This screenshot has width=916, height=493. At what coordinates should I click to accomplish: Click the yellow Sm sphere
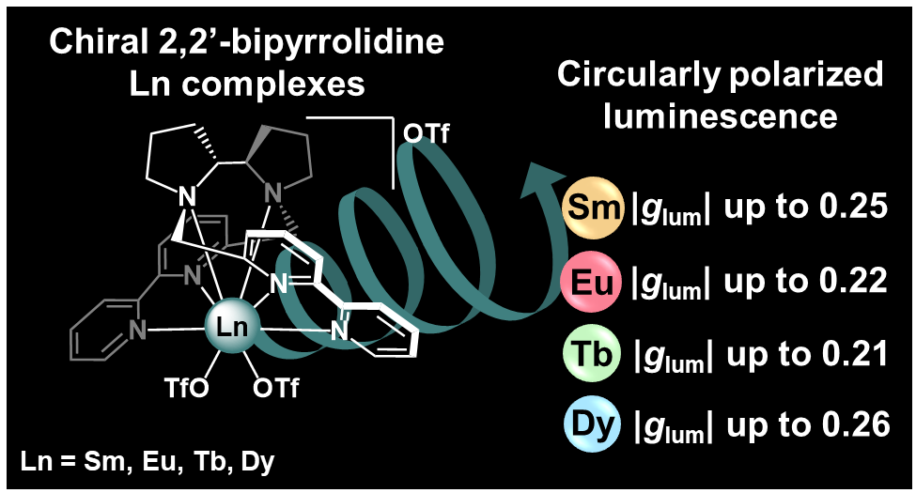coord(591,208)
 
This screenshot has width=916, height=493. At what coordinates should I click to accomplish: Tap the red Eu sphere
coord(591,282)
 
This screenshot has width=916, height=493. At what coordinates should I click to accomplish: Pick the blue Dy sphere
coord(592,424)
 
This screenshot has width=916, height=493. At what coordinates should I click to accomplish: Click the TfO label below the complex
coord(186,389)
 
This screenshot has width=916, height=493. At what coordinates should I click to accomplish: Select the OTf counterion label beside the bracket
coord(427,133)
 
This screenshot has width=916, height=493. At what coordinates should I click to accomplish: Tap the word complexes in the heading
coord(272,85)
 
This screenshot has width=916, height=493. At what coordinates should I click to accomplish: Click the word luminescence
coord(721,116)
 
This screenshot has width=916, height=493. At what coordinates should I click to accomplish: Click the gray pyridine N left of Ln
coord(137,331)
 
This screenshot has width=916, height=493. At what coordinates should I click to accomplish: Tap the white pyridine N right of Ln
coord(339,331)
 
